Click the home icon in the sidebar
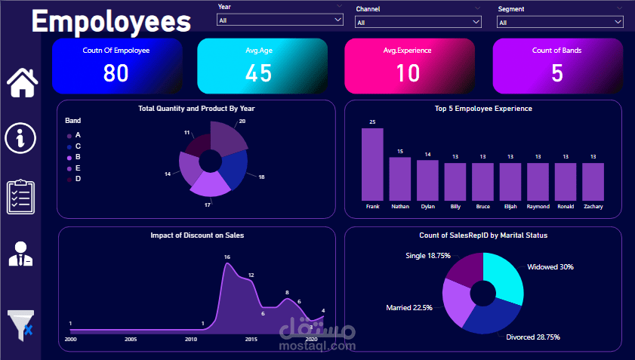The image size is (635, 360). [22, 82]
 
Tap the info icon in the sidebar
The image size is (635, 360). [20, 138]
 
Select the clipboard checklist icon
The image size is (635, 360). [20, 197]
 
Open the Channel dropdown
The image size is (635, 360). [418, 22]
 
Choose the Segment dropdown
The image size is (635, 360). [559, 22]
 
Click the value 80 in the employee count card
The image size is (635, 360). [116, 73]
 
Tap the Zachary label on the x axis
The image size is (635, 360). [593, 206]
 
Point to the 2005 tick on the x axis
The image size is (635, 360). [130, 340]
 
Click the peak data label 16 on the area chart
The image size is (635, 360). [227, 257]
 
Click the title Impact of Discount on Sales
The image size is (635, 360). [197, 235]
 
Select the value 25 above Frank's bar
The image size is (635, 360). [372, 122]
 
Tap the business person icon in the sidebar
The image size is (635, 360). [20, 254]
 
